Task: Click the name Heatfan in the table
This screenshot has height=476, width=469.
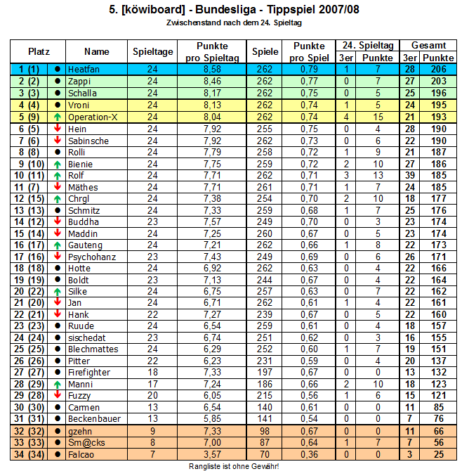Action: (x=82, y=70)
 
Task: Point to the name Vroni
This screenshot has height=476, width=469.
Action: (x=78, y=105)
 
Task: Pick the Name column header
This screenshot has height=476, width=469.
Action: (x=97, y=51)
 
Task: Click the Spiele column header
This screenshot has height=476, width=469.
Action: (x=265, y=51)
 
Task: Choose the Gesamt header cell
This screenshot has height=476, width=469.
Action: (x=428, y=45)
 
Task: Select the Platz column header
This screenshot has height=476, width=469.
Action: (x=39, y=51)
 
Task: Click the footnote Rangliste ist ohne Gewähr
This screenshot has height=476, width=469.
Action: (x=234, y=466)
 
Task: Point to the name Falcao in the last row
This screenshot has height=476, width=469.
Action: (x=79, y=454)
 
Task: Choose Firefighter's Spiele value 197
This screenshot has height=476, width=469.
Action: (x=265, y=372)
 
